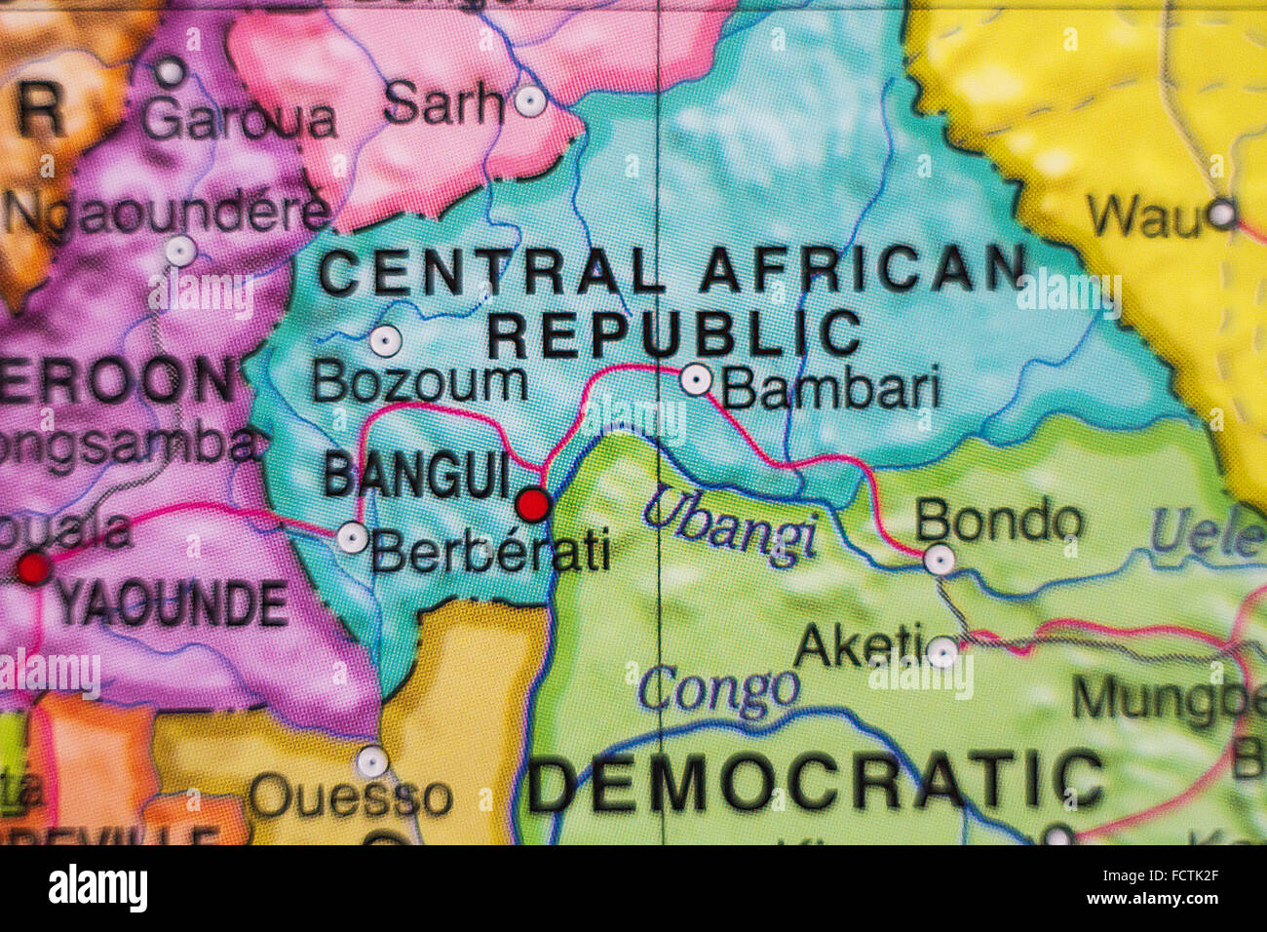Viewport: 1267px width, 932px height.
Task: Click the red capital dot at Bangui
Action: click(533, 504)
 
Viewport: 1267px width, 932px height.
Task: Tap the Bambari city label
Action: click(831, 389)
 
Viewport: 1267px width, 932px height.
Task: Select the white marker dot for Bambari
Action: click(696, 379)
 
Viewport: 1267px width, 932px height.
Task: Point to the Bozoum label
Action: click(419, 383)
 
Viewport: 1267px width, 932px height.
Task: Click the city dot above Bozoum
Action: click(385, 341)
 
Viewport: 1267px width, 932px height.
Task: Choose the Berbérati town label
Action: click(490, 552)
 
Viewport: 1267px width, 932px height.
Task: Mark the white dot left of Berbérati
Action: click(352, 537)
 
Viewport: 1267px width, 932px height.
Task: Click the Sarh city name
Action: click(443, 102)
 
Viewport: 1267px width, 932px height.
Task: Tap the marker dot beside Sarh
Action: click(530, 100)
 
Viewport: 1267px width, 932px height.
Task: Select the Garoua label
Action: click(240, 119)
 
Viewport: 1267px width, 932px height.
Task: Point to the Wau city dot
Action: click(1221, 214)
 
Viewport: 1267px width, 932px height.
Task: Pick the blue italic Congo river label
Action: click(719, 691)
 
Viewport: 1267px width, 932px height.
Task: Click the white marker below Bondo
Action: click(939, 560)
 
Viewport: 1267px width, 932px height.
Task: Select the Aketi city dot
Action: click(942, 651)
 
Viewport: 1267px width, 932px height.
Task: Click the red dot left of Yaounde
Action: click(34, 567)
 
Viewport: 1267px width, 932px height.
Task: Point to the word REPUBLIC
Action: click(674, 333)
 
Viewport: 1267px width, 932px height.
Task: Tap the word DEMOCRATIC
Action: click(817, 784)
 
